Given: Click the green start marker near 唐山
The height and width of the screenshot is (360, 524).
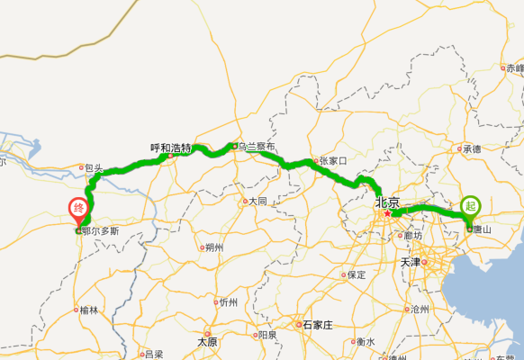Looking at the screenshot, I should click(x=470, y=206).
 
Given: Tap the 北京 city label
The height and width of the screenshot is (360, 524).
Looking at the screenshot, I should click(x=387, y=203).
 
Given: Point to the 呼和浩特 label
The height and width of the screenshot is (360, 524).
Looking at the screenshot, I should click(x=170, y=148).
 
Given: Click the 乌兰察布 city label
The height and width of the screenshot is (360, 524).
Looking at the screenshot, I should click(x=256, y=147).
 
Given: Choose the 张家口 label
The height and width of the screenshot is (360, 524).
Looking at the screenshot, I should click(x=332, y=161).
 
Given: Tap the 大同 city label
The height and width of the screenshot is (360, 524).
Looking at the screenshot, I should click(x=257, y=201).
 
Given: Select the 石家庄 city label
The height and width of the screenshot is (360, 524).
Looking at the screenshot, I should click(x=318, y=324).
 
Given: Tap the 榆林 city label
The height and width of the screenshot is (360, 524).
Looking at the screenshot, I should click(x=88, y=310).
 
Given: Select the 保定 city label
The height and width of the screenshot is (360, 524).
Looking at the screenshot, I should click(x=357, y=274).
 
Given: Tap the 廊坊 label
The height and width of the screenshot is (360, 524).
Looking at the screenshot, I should click(x=413, y=235).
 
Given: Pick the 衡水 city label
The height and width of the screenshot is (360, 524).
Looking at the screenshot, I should click(x=366, y=341).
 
